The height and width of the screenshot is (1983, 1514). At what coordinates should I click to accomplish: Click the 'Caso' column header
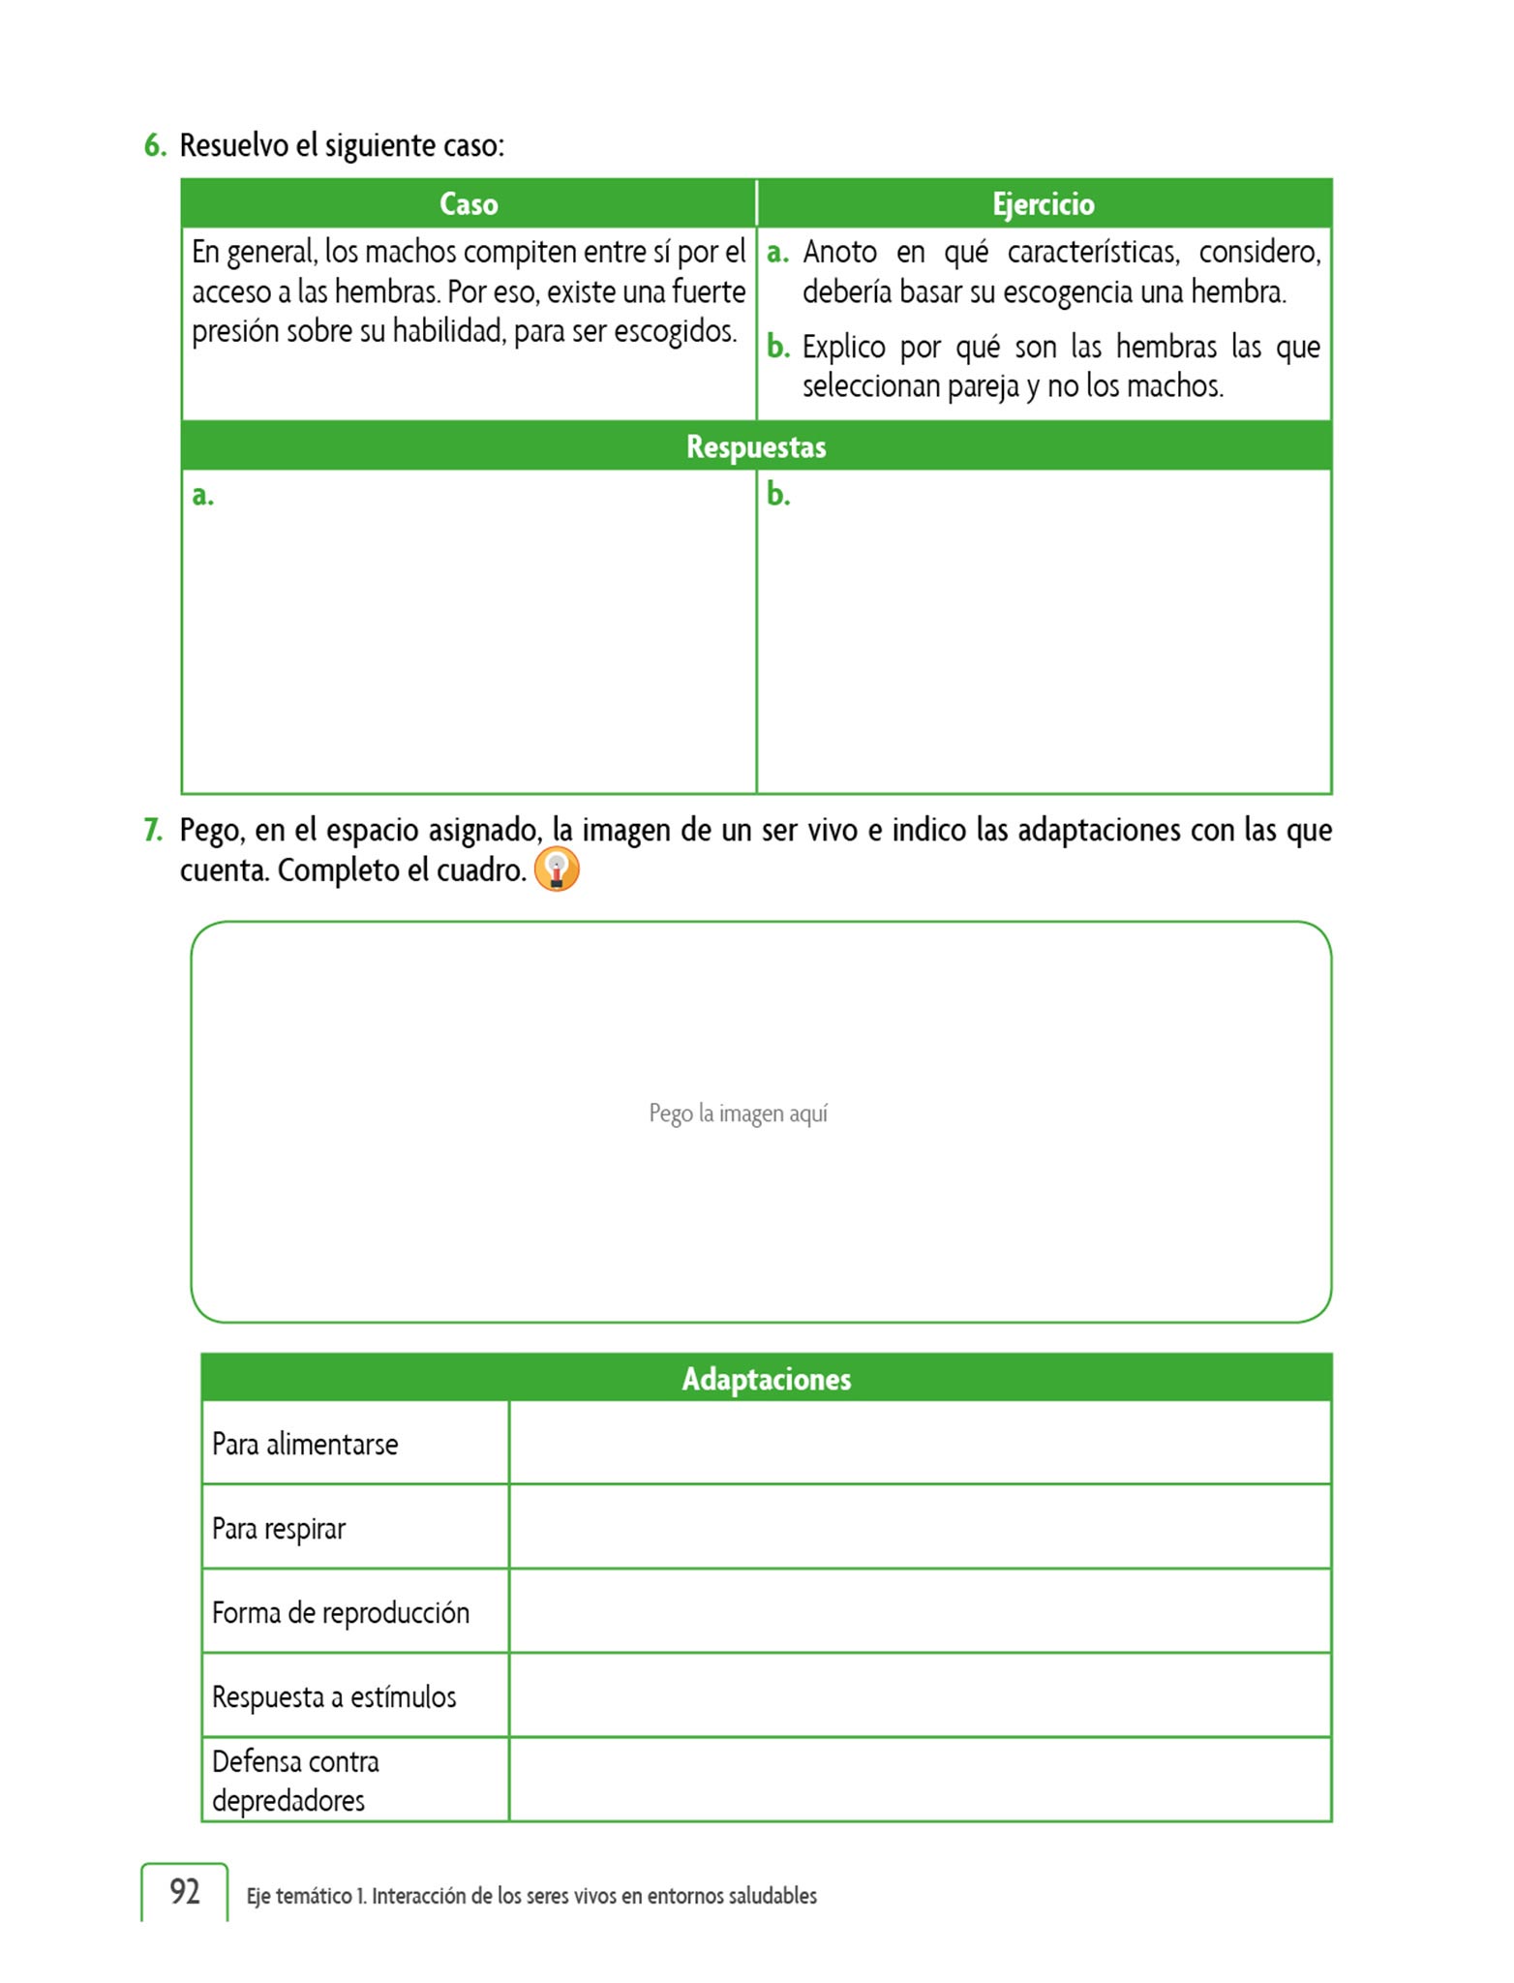pyautogui.click(x=469, y=204)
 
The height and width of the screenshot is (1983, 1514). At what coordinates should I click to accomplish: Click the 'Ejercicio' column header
pyautogui.click(x=1043, y=204)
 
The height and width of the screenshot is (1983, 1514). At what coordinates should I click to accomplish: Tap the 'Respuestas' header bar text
pyautogui.click(x=756, y=446)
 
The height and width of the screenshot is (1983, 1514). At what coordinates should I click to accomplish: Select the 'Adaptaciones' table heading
pyautogui.click(x=766, y=1379)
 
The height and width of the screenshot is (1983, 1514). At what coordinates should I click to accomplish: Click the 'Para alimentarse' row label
pyautogui.click(x=305, y=1445)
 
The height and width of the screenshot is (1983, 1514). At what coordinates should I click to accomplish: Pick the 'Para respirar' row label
pyautogui.click(x=279, y=1529)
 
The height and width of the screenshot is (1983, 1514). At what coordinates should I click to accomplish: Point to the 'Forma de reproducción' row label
pyautogui.click(x=341, y=1613)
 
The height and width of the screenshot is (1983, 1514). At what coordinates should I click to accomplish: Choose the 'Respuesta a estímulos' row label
pyautogui.click(x=334, y=1697)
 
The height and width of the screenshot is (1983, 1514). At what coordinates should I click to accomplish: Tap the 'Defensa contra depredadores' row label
pyautogui.click(x=295, y=1781)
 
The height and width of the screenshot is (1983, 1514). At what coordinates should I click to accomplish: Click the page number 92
pyautogui.click(x=185, y=1891)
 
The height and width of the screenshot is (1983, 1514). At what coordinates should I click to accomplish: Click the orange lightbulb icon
pyautogui.click(x=557, y=869)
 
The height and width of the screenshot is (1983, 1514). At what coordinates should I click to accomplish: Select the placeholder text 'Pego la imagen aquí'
pyautogui.click(x=738, y=1114)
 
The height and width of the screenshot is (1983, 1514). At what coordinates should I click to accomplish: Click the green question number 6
pyautogui.click(x=155, y=146)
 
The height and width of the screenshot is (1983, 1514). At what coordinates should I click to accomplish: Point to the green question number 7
pyautogui.click(x=153, y=830)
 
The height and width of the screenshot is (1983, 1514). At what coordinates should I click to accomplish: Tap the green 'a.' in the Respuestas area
pyautogui.click(x=202, y=496)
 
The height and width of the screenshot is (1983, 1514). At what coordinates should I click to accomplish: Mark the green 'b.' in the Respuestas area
pyautogui.click(x=778, y=495)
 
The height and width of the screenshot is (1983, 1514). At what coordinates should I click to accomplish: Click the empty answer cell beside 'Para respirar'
pyautogui.click(x=920, y=1528)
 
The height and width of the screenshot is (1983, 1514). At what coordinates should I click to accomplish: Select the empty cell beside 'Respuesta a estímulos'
pyautogui.click(x=920, y=1696)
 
